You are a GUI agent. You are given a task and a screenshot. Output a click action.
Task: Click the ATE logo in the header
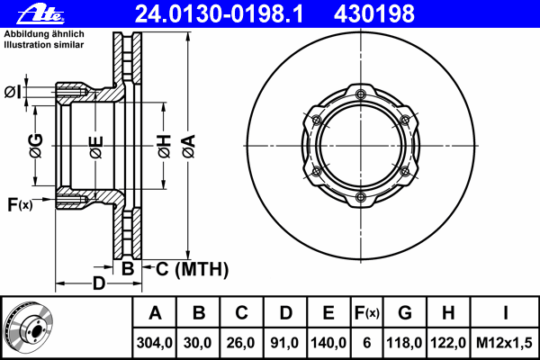point(40,14)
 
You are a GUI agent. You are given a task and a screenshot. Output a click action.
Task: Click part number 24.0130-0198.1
point(219,14)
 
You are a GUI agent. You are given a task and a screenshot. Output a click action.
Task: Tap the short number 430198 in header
point(374,14)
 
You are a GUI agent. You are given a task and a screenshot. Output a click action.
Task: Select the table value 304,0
point(154,343)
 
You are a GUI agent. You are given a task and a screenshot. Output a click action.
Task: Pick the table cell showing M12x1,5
point(504,343)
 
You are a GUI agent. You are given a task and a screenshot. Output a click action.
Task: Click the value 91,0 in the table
point(284,343)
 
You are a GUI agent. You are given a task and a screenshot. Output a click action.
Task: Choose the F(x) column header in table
point(367,313)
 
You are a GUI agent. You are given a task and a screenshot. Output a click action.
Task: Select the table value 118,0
point(404,343)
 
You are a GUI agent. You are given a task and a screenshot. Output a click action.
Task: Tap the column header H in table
point(448,313)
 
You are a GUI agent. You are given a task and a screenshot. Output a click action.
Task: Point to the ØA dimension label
point(189,147)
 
